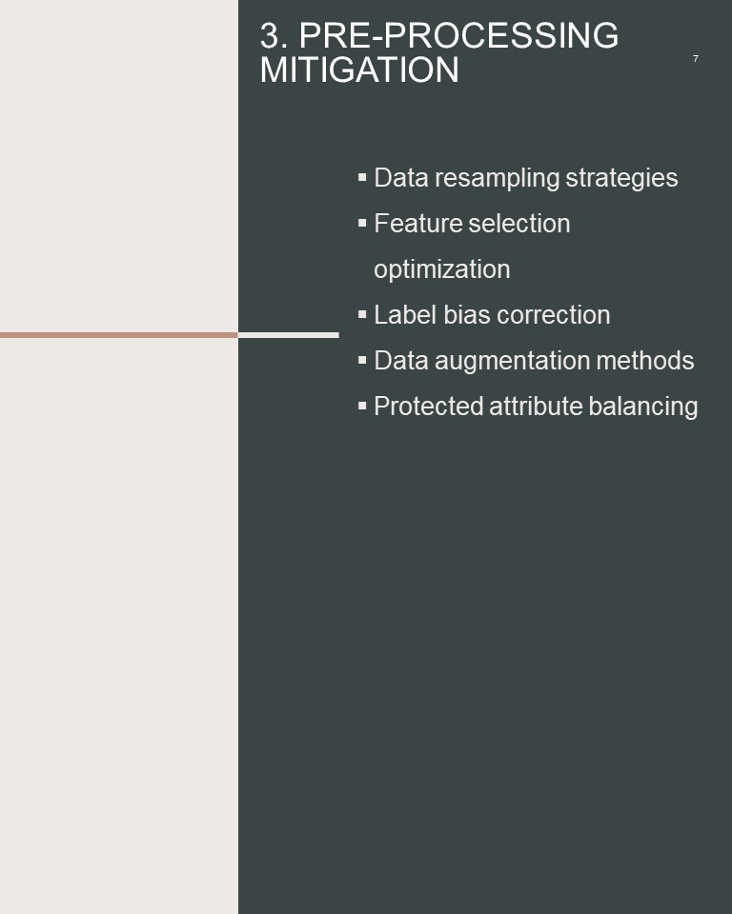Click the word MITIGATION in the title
(359, 70)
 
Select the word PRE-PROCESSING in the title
(458, 35)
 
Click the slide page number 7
(695, 58)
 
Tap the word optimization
(442, 269)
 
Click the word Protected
(429, 407)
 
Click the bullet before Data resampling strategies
(362, 177)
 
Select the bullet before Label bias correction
(362, 313)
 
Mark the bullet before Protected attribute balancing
(362, 406)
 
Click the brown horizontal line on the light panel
(119, 335)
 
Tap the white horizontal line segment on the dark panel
(289, 335)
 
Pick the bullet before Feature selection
(362, 222)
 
